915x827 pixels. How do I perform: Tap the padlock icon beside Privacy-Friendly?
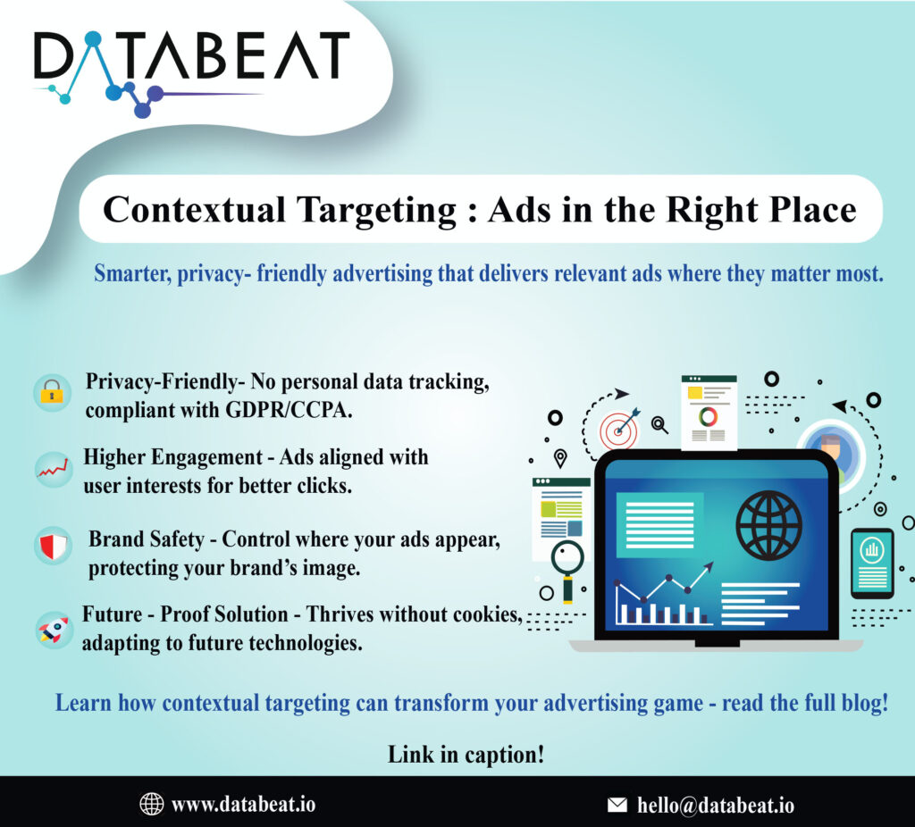pos(52,393)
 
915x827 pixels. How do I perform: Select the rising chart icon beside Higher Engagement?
pos(52,470)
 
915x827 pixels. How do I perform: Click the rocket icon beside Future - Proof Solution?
pos(52,629)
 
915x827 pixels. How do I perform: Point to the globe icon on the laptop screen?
pos(768,522)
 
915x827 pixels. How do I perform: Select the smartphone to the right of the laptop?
pos(871,563)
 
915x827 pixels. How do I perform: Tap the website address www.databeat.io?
pos(243,804)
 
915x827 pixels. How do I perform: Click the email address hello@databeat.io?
pos(715,805)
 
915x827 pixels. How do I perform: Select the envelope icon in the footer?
pos(617,805)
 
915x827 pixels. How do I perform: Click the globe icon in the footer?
pos(152,804)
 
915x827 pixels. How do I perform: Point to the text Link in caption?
pos(466,754)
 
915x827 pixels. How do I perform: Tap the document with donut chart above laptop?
pos(709,413)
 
